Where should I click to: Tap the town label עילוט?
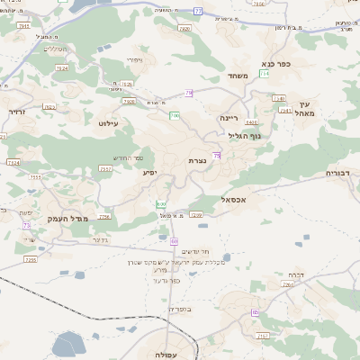(x=109, y=123)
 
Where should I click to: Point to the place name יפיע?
(x=150, y=172)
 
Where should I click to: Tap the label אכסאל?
(x=234, y=200)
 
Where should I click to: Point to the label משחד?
(x=238, y=76)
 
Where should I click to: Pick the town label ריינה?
(x=229, y=117)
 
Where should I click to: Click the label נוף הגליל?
(x=244, y=136)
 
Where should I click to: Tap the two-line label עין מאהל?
(x=304, y=109)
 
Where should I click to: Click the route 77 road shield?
(x=198, y=11)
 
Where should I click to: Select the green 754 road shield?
(x=103, y=217)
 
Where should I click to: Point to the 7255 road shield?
(x=31, y=259)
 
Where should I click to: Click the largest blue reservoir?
(x=67, y=344)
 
